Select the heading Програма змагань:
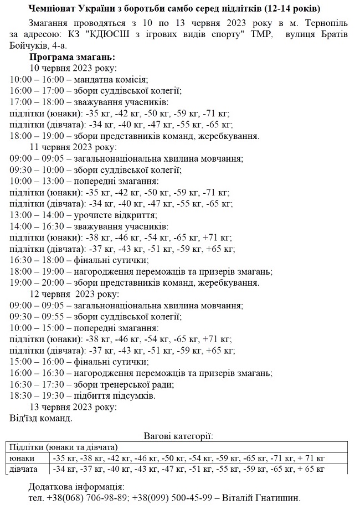click(72, 57)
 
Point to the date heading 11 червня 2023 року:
click(73, 147)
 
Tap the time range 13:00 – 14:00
click(36, 215)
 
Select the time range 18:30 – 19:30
click(36, 395)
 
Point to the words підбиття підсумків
click(115, 395)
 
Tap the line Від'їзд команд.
click(41, 418)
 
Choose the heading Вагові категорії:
click(178, 436)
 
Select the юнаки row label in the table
click(22, 458)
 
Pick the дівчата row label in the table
click(24, 469)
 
